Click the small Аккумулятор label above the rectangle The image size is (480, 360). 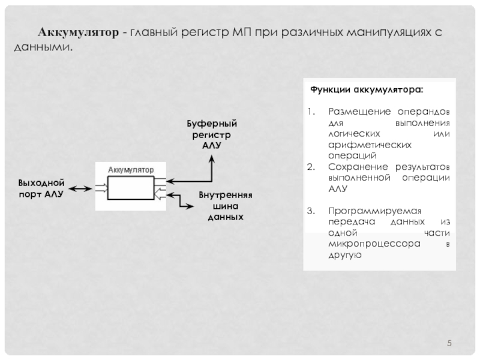(x=130, y=170)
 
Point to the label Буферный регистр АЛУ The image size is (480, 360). (x=211, y=134)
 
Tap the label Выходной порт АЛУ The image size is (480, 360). (x=41, y=187)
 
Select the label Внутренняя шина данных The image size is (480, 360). (x=225, y=205)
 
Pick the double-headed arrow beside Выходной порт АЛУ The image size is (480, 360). (x=79, y=189)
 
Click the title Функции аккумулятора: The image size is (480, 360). (x=366, y=90)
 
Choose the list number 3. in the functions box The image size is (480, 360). (x=310, y=211)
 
